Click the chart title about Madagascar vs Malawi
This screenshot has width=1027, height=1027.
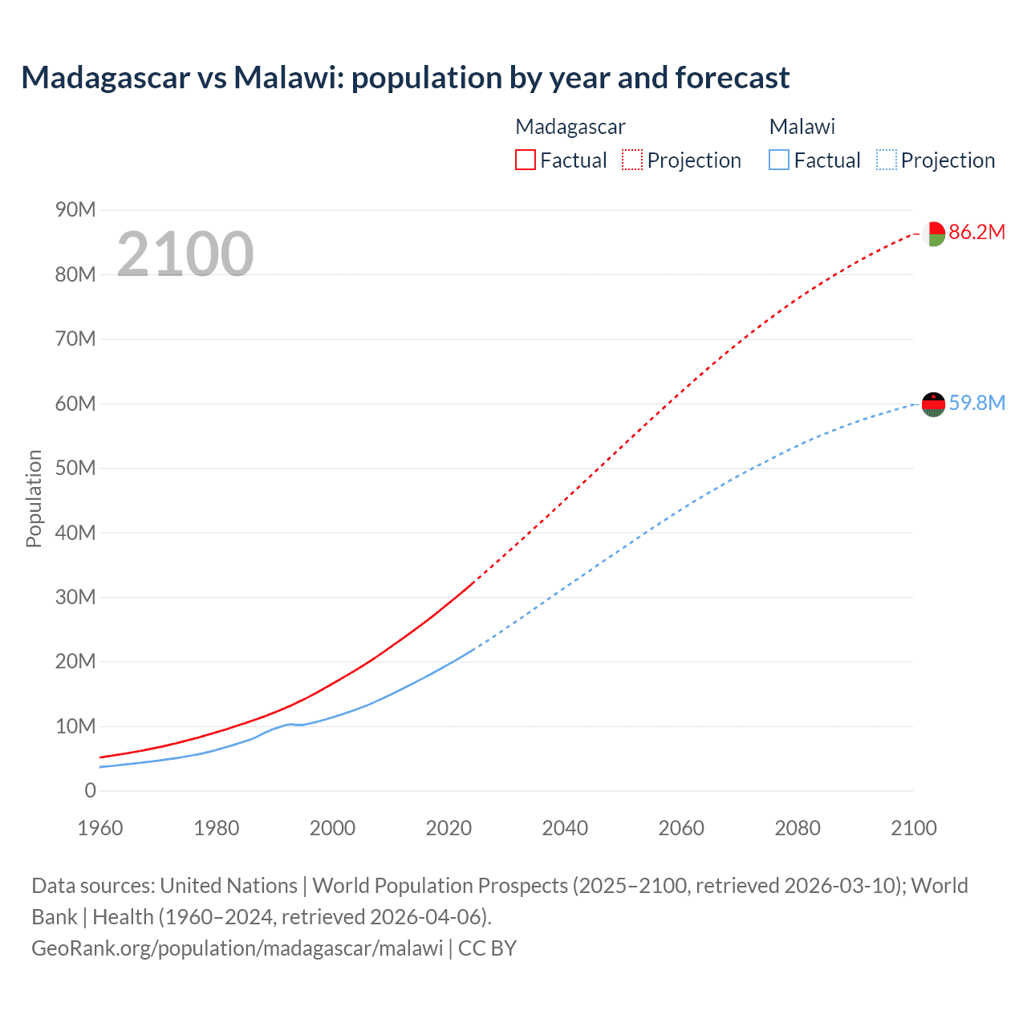[405, 78]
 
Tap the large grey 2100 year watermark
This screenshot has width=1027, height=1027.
[185, 254]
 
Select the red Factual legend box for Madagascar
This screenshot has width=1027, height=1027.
[525, 160]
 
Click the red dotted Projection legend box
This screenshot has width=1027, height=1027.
[632, 160]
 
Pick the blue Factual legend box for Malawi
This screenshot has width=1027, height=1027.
[779, 160]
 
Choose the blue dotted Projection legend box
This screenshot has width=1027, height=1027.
[887, 160]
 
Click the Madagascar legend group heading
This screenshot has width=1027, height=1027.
[570, 127]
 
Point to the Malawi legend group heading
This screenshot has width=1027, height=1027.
[802, 127]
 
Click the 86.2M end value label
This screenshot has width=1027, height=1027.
[976, 232]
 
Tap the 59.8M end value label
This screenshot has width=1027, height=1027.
[976, 403]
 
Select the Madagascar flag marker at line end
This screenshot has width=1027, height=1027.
[934, 233]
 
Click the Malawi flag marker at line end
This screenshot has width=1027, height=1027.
[934, 404]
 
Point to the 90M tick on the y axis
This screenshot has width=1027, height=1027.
[75, 210]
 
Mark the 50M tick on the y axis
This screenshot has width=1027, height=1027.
[75, 468]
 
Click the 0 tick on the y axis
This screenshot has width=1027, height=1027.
[90, 790]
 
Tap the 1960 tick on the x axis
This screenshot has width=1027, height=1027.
[100, 828]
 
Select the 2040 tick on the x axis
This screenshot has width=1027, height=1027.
[565, 828]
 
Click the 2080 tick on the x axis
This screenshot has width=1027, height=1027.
[798, 828]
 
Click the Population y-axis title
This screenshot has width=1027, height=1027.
[34, 498]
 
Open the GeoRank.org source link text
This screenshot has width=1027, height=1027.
[237, 948]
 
